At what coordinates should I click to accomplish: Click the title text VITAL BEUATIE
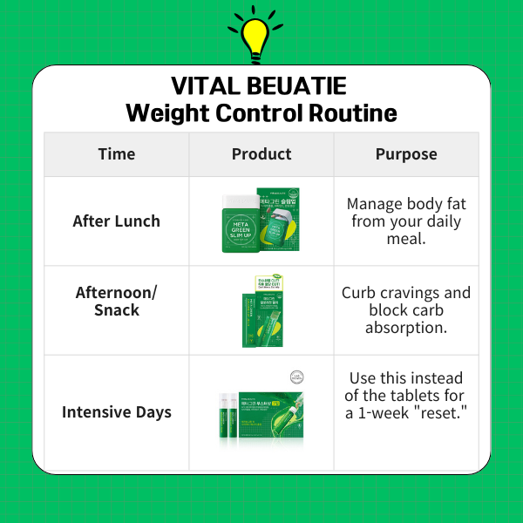click(259, 86)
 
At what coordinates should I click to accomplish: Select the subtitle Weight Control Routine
click(261, 113)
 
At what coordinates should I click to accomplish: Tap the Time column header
click(116, 154)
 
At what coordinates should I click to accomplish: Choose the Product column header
click(261, 154)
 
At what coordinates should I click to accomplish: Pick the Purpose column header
click(406, 154)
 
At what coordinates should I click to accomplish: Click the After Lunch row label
click(116, 221)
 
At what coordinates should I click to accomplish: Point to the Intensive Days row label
click(116, 411)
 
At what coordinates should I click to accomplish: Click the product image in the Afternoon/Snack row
click(261, 310)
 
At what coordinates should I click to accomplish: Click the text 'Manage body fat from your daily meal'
click(406, 221)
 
